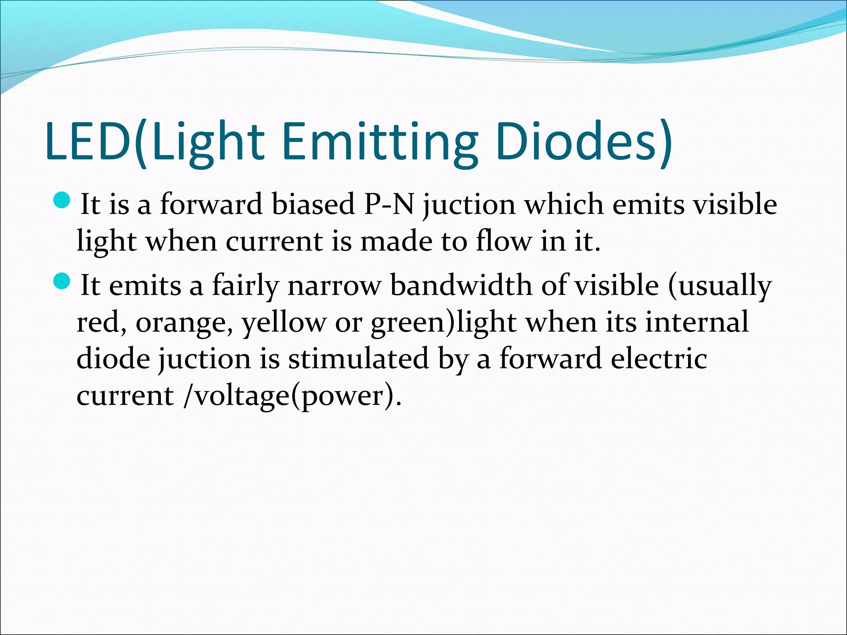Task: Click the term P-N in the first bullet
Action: (389, 204)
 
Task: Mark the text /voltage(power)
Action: (292, 396)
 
